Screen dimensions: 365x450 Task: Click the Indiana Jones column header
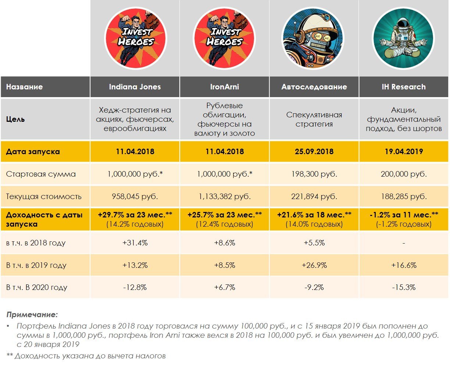(x=135, y=87)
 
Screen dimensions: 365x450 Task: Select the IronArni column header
(x=225, y=87)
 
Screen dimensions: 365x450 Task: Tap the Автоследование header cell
(x=314, y=87)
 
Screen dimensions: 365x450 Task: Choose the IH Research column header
(x=404, y=87)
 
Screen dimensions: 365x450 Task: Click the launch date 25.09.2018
(x=314, y=151)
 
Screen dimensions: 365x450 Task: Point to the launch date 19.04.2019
(x=404, y=151)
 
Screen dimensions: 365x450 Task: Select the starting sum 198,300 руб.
(x=314, y=174)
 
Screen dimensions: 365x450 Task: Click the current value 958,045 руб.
(x=135, y=196)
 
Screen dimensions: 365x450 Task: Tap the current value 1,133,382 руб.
(x=225, y=196)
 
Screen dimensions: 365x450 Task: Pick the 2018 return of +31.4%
(x=135, y=243)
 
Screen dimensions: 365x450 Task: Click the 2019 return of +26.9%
(x=314, y=265)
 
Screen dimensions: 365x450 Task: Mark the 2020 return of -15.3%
(x=404, y=287)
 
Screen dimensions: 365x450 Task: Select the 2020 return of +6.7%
(x=225, y=287)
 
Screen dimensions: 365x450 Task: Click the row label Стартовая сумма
(x=41, y=174)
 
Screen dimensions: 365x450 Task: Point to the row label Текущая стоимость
(x=44, y=196)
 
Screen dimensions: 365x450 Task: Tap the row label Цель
(x=15, y=119)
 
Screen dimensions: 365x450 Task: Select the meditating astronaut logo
(x=403, y=38)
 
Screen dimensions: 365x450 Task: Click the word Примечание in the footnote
(x=32, y=315)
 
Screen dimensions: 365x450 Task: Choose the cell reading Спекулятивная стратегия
(x=314, y=119)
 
